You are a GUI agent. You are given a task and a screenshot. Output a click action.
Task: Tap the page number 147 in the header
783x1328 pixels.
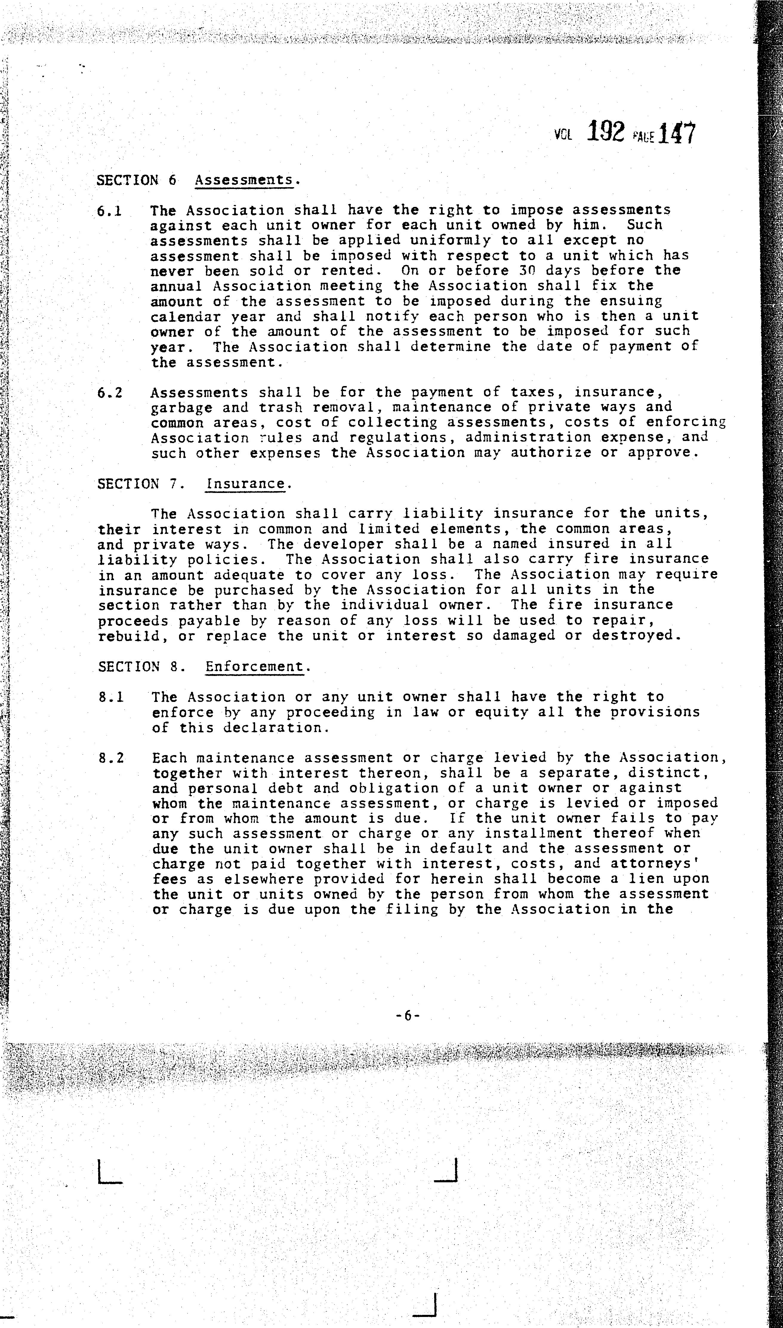(677, 133)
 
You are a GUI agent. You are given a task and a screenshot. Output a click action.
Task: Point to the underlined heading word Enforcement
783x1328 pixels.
(255, 667)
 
